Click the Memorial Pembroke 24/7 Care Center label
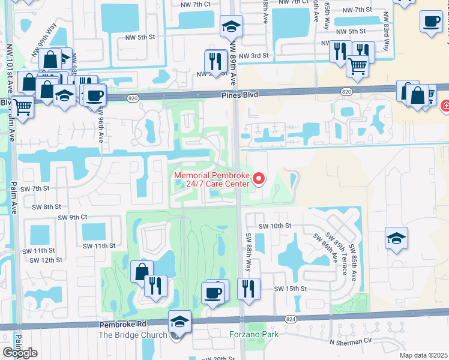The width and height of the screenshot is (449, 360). click(211, 179)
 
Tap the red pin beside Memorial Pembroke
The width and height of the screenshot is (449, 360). click(259, 178)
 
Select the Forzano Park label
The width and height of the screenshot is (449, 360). click(253, 333)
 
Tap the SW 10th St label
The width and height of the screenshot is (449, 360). click(275, 226)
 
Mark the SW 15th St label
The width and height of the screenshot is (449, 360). click(291, 289)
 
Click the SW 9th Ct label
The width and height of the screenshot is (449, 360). click(73, 217)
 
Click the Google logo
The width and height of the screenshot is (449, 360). click(20, 353)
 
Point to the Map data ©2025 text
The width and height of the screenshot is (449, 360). click(424, 355)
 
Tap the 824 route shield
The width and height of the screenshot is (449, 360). click(291, 319)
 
